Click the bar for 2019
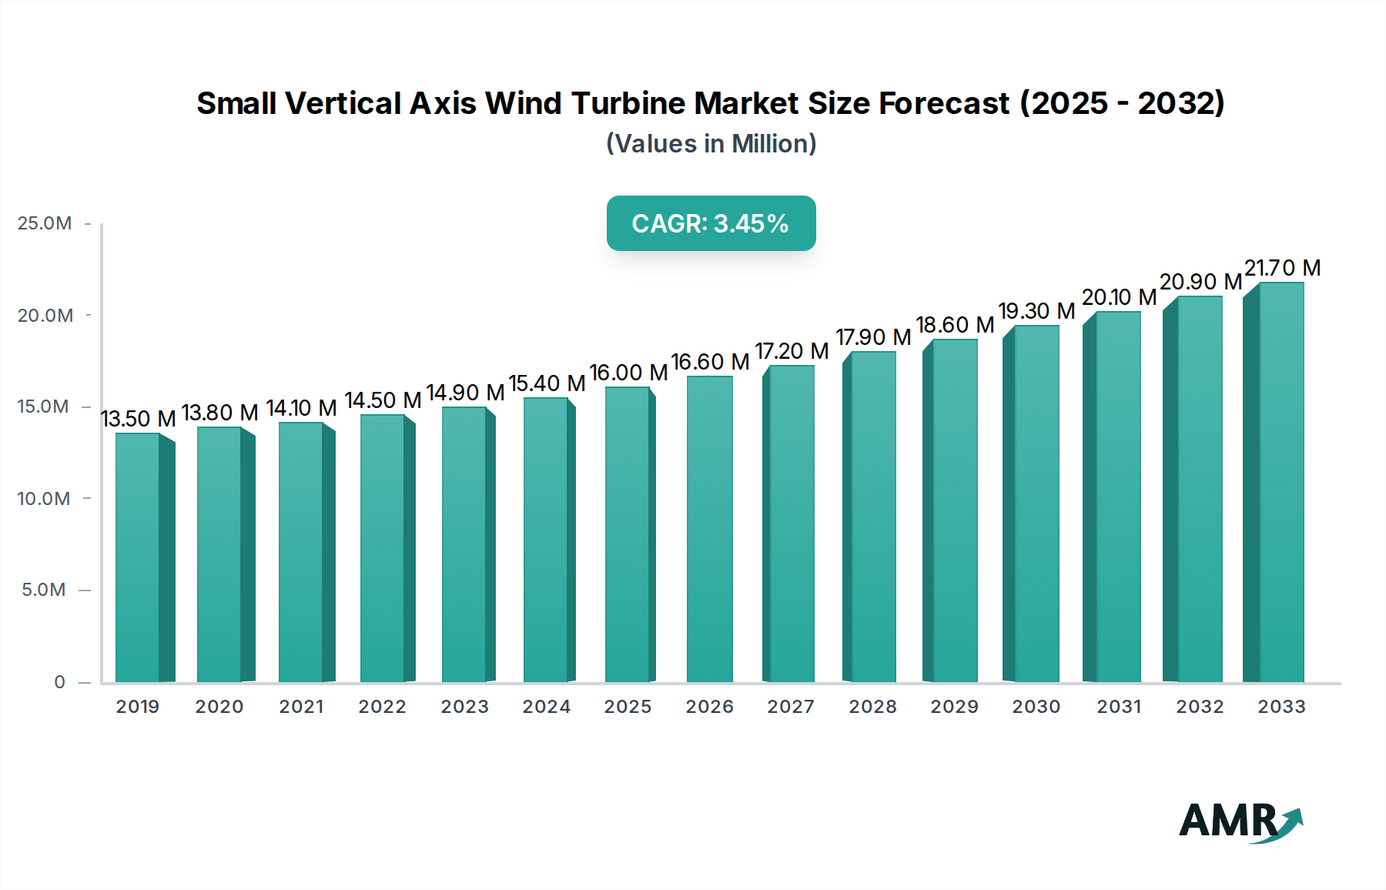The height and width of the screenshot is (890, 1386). (x=139, y=558)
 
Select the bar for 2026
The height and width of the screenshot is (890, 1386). (x=709, y=530)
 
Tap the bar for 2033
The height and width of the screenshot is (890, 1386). (x=1281, y=483)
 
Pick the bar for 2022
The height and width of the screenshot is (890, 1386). (x=383, y=549)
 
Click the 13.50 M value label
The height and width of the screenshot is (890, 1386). (x=139, y=419)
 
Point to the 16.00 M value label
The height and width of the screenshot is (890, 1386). (x=628, y=373)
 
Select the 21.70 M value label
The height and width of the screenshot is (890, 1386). (x=1282, y=268)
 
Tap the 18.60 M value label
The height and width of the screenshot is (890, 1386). (x=955, y=325)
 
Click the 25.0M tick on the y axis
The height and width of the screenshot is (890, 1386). (x=45, y=223)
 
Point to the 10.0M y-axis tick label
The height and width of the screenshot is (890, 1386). (x=44, y=499)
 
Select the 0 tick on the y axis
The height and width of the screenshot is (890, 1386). (x=59, y=682)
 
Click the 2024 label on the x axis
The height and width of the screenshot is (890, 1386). (x=547, y=707)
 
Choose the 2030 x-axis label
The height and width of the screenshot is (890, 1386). (x=1036, y=707)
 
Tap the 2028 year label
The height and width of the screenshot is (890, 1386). (x=873, y=707)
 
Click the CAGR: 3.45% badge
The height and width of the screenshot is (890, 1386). (x=711, y=223)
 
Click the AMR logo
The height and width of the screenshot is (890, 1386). (x=1240, y=821)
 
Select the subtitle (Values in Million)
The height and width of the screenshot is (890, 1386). (x=711, y=144)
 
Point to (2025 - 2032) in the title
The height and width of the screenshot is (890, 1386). (x=1122, y=103)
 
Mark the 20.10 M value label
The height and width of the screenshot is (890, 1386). (x=1119, y=297)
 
